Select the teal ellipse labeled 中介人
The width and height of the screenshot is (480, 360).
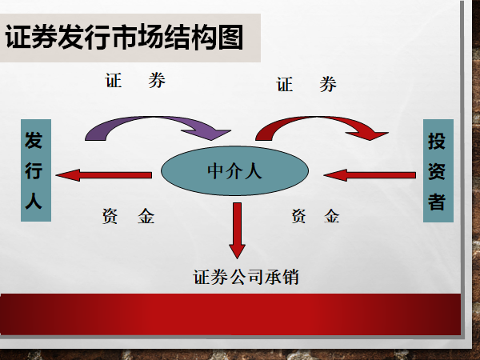click(x=234, y=171)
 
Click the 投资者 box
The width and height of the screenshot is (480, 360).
click(x=437, y=171)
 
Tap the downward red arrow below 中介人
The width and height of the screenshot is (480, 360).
click(x=237, y=227)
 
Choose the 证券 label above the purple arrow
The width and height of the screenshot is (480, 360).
click(x=136, y=81)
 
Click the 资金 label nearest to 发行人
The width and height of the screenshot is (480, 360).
click(x=128, y=216)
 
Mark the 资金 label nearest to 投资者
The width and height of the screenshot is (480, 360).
click(x=315, y=216)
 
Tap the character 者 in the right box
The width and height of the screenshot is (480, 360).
click(x=437, y=201)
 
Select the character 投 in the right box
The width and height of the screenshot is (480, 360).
click(x=437, y=142)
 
